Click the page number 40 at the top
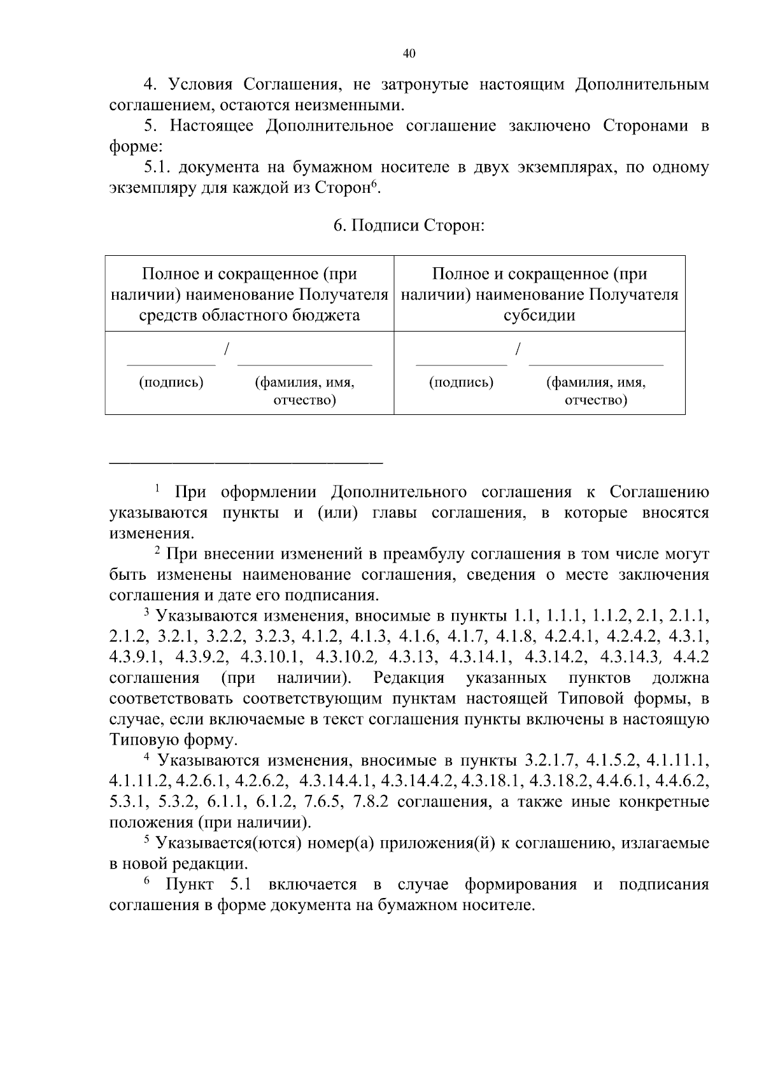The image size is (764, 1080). pos(409,53)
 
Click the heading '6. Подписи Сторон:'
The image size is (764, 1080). pos(409,226)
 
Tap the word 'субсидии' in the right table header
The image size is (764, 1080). pos(539,316)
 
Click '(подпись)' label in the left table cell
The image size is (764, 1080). pos(171,382)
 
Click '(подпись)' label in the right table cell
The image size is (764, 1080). pos(462,382)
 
